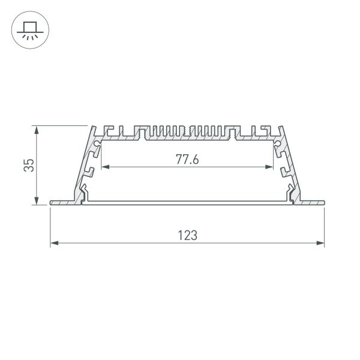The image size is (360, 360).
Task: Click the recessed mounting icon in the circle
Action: (28, 30)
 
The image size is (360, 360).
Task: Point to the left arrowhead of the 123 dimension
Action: (53, 243)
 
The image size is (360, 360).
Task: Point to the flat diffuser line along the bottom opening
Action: (187, 202)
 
